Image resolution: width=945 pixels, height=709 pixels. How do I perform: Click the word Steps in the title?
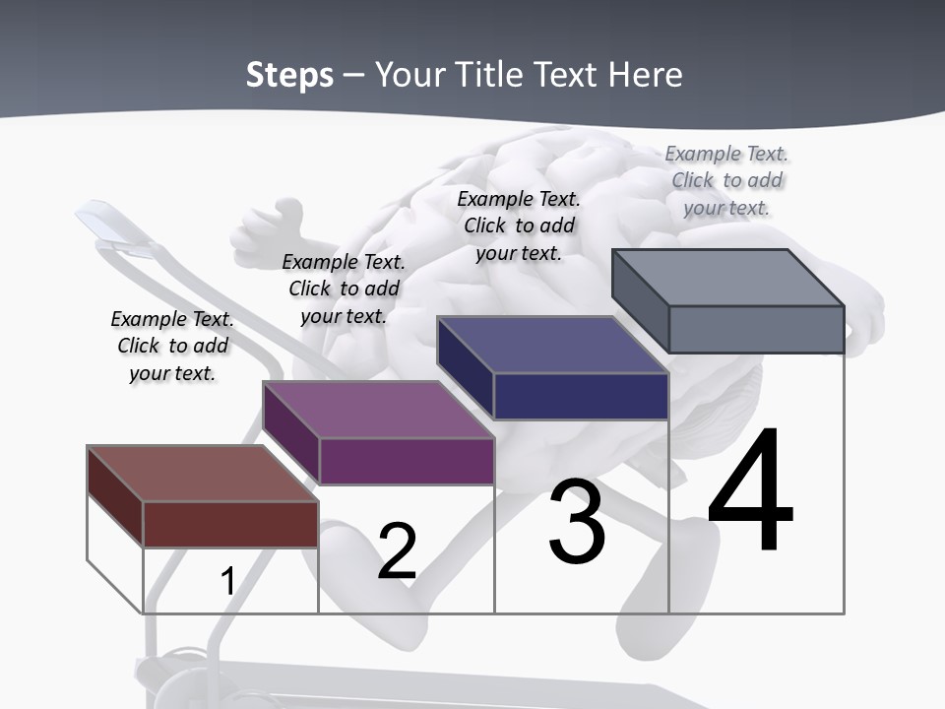pos(289,75)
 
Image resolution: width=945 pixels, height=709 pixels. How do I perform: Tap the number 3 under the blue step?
pos(577,523)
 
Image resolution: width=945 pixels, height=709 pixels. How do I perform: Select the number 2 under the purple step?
pos(397,551)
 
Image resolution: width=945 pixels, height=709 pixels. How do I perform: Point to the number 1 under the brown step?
pos(227,582)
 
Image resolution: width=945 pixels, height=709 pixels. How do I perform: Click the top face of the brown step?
pos(202,474)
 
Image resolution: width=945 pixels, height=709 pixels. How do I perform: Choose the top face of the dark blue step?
pos(552,345)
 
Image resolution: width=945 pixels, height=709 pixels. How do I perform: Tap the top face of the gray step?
pos(728,278)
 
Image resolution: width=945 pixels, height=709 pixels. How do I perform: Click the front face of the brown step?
pos(230,524)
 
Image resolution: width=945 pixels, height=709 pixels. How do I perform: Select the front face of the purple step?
pos(407,461)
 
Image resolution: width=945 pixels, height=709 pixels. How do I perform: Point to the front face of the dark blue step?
pos(581,396)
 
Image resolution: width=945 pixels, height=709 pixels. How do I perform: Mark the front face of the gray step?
pos(756,329)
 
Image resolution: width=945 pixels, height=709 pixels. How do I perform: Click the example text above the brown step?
pos(172,347)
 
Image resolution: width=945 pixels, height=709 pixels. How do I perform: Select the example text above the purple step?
pos(344,290)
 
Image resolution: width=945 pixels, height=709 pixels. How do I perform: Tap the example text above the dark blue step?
pos(519,226)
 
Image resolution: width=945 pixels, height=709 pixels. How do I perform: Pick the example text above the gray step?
pos(726,180)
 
